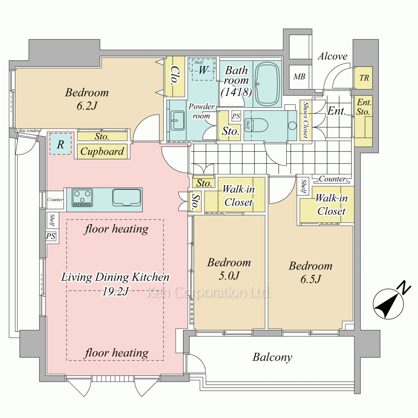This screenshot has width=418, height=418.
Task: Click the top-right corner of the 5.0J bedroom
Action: tap(265, 215)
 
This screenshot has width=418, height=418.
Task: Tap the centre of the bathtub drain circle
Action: tap(258, 84)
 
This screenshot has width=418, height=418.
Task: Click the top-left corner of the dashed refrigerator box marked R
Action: tap(50, 133)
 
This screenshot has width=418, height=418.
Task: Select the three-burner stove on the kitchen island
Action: tap(82, 198)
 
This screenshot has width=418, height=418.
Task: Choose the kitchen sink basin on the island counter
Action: tap(127, 198)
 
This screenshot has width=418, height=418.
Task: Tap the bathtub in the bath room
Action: tap(268, 84)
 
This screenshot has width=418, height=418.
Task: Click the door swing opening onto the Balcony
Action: tap(196, 367)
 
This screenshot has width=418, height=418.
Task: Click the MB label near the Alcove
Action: tap(299, 77)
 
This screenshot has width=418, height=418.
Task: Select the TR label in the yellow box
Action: tap(364, 78)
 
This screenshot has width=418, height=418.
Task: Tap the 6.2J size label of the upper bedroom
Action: tap(87, 106)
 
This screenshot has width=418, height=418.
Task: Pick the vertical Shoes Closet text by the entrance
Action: tap(306, 120)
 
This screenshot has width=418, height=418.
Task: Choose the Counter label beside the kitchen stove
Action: tap(55, 199)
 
